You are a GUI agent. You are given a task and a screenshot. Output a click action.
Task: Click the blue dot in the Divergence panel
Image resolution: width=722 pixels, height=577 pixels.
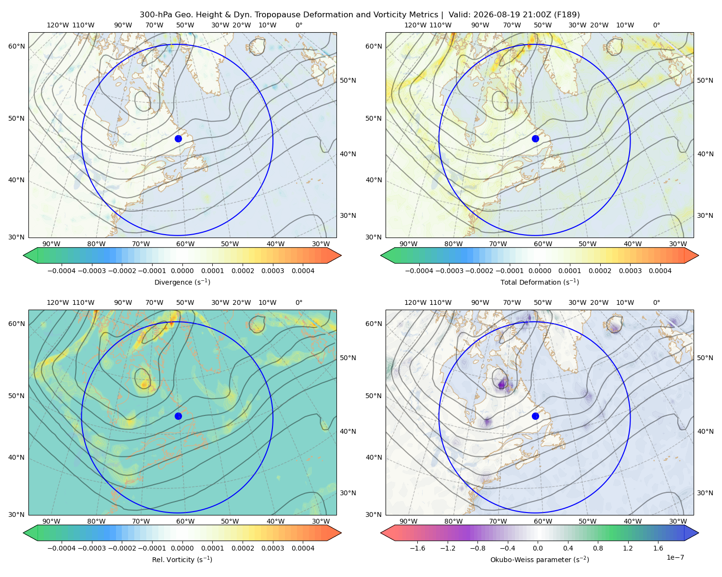pos(178,138)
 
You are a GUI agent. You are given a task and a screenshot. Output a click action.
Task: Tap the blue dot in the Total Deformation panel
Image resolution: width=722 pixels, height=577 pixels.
pos(535,138)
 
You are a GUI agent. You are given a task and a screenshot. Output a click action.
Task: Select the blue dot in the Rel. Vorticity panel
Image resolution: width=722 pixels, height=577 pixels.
pos(178,416)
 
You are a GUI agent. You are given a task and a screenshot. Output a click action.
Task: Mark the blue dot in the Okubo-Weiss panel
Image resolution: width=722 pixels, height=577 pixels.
pos(535,416)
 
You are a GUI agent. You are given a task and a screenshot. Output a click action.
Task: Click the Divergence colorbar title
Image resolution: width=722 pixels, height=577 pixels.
pos(182,282)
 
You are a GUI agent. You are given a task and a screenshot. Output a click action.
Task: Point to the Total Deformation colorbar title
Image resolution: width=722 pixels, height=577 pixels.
pos(540,282)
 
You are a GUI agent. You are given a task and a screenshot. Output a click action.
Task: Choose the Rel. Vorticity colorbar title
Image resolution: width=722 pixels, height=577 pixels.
pos(182,559)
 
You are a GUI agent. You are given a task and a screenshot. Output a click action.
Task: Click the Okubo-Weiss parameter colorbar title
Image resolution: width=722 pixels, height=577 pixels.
pos(540,559)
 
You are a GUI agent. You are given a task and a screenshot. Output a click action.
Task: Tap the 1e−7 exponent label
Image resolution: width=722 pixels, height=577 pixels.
pos(675,557)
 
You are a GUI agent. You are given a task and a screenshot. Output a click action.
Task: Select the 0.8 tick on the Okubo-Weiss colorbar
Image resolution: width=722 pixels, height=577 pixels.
pos(598,548)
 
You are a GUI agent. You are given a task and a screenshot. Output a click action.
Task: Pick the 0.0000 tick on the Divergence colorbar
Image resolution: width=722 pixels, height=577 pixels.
pos(182,271)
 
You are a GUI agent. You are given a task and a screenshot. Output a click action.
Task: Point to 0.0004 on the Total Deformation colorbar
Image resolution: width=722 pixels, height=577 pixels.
pos(660,271)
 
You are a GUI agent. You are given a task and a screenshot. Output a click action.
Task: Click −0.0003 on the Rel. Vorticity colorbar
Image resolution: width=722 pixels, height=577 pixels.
pos(91,548)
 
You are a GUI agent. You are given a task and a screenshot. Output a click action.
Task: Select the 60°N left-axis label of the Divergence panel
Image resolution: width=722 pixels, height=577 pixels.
pos(16,46)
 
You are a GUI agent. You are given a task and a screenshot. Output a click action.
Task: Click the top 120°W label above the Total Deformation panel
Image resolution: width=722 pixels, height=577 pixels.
pos(415,25)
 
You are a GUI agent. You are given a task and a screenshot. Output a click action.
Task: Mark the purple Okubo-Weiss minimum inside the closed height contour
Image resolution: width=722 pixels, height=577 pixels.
pos(502,384)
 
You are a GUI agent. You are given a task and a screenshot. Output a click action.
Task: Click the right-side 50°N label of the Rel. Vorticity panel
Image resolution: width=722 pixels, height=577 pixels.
pos(348,358)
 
